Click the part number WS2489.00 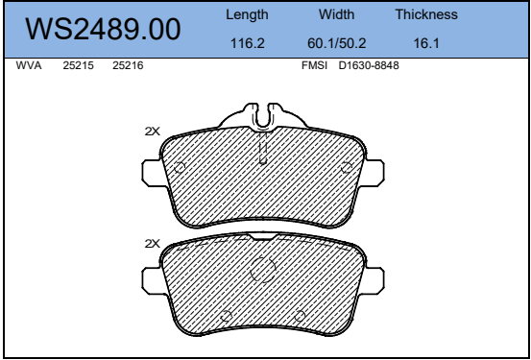[103, 30]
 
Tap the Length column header [247, 15]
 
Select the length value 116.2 [247, 43]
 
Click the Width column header [336, 14]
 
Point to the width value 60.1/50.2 [337, 43]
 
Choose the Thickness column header [426, 14]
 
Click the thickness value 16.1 [426, 43]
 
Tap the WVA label [29, 65]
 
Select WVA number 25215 [78, 65]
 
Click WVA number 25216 [128, 65]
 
